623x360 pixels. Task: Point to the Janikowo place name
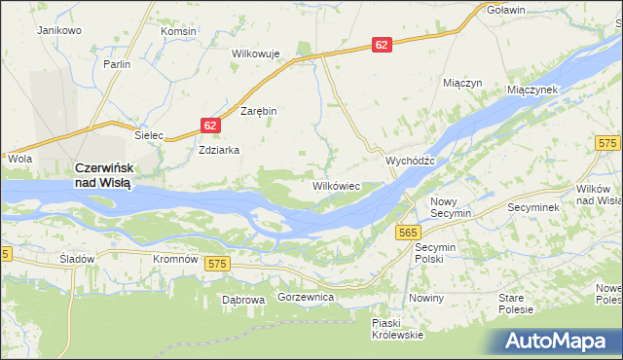coord(58,31)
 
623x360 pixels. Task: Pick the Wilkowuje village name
coord(255,54)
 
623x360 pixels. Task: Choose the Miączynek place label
coord(531,89)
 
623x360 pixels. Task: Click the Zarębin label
coord(259,111)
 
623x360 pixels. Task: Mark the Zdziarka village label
coord(218,151)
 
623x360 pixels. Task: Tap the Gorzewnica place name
coord(307,296)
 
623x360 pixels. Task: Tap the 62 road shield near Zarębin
coord(211,126)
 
